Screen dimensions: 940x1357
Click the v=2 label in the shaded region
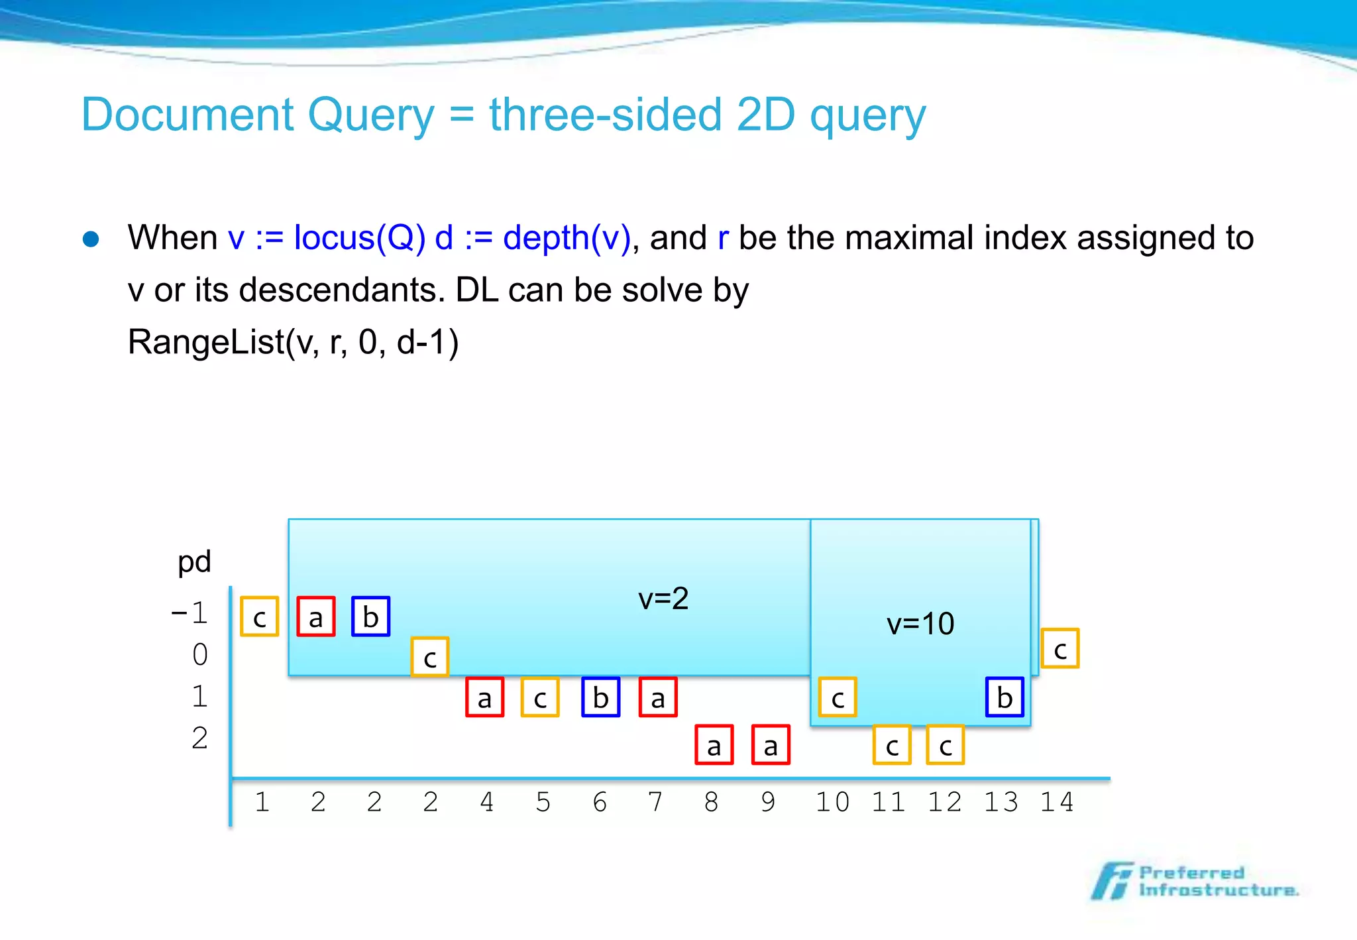(x=663, y=599)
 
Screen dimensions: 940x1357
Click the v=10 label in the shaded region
(x=920, y=624)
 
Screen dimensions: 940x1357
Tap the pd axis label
(x=194, y=561)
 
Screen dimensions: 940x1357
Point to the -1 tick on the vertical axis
(x=190, y=613)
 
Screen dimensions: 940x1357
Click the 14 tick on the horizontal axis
(x=1056, y=802)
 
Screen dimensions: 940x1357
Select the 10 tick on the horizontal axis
(x=832, y=802)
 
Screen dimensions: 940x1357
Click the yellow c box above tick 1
(x=259, y=617)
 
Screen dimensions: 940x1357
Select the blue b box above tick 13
(x=1004, y=697)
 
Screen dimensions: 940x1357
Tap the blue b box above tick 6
(x=600, y=697)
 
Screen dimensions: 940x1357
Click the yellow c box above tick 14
(x=1059, y=648)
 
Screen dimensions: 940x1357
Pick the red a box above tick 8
(x=714, y=745)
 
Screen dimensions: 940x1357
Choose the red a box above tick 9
(x=771, y=745)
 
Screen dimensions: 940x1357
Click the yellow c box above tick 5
(x=540, y=697)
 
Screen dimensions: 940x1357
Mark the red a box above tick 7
(x=658, y=697)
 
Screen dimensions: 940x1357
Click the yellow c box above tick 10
(x=838, y=697)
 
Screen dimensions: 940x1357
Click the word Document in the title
(x=188, y=115)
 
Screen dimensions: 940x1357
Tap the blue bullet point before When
(x=91, y=239)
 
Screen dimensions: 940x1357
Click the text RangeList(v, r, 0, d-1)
(x=293, y=343)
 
